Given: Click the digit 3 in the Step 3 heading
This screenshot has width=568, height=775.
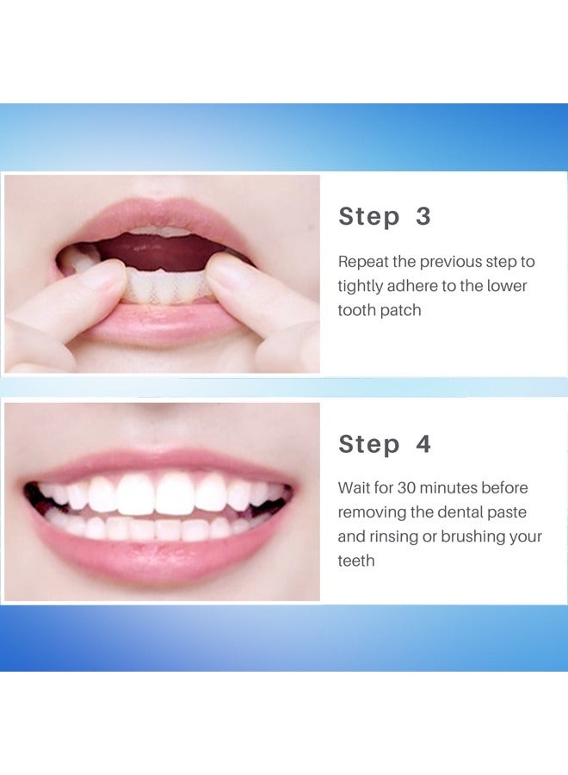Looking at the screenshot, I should pos(423,216).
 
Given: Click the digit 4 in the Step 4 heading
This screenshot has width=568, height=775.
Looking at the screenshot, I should pos(423,444).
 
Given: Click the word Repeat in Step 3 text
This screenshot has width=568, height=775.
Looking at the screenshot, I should pos(362,262).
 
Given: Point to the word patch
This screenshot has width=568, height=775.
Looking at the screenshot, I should pos(400,310).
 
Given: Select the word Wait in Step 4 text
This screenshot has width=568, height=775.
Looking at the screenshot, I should pos(354,488).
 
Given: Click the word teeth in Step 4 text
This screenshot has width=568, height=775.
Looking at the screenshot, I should pos(356,561).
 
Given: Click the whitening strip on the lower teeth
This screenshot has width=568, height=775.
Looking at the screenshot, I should pos(168,284).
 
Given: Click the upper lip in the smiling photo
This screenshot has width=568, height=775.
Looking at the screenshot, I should pos(159,461).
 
